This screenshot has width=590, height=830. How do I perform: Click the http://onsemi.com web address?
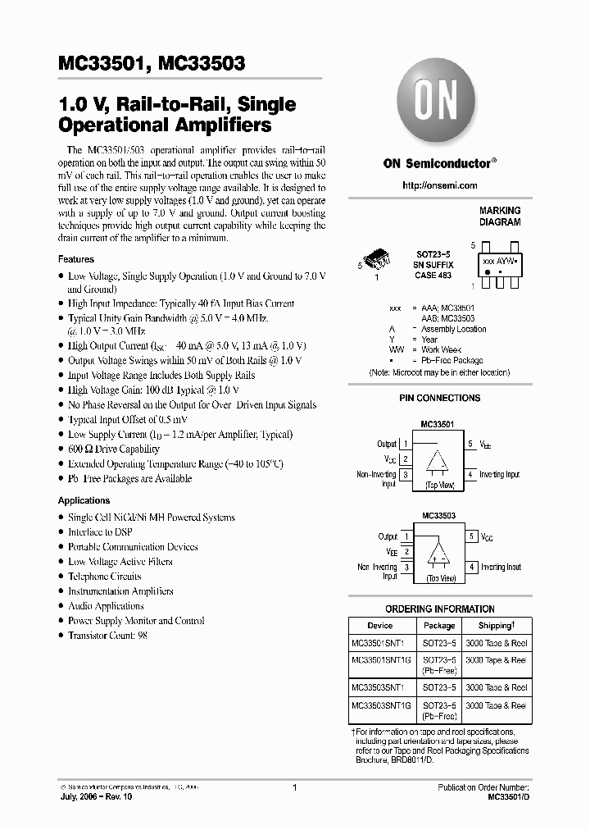[439, 186]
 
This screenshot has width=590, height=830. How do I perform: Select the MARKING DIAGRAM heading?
[499, 217]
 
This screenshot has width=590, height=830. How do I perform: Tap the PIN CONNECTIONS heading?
[439, 398]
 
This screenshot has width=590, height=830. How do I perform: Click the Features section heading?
[76, 259]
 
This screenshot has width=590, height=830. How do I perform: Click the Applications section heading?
[84, 500]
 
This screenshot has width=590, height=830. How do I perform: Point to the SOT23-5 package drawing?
[379, 261]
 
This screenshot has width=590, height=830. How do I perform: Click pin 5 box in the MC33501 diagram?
[471, 445]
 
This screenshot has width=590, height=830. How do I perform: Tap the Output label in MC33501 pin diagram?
[386, 445]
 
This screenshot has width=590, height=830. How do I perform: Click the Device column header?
[379, 625]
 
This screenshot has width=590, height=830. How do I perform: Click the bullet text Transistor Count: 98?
[107, 636]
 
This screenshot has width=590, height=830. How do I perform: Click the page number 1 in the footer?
[293, 787]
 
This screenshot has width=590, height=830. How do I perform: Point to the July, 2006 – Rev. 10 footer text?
[96, 796]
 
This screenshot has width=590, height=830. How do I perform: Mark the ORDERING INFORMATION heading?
[439, 609]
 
